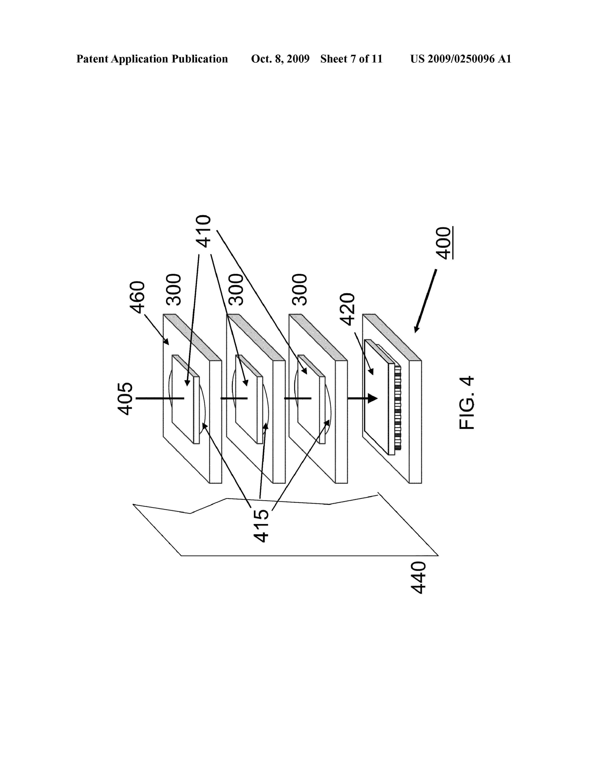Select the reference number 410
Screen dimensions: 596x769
click(x=203, y=231)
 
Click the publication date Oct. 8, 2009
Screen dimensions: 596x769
click(x=280, y=59)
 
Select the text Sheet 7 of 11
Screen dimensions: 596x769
click(x=351, y=59)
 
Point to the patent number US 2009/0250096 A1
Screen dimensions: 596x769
click(x=461, y=59)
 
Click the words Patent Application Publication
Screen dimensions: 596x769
click(x=152, y=59)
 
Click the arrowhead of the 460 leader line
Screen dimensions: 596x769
click(x=166, y=341)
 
